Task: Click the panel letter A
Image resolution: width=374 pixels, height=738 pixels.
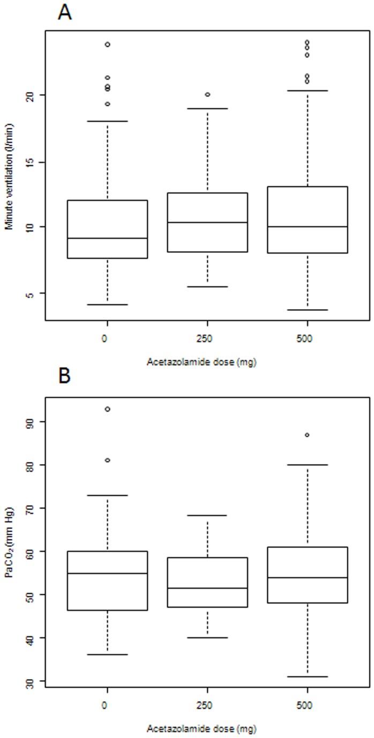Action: point(65,11)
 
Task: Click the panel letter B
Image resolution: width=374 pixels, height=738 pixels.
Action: point(64,376)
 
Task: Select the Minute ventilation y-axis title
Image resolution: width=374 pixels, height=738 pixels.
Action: point(9,177)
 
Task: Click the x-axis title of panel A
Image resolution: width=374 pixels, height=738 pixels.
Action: point(201,362)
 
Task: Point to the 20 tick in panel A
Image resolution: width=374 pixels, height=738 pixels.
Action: point(28,95)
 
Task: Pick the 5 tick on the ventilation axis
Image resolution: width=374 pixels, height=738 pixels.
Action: point(28,294)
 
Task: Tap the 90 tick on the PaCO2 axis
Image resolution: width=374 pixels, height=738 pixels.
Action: point(28,422)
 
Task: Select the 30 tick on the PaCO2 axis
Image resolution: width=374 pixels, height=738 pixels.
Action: point(28,681)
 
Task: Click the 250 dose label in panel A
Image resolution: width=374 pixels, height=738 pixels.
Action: point(207,339)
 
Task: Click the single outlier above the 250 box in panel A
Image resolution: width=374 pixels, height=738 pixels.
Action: point(207,94)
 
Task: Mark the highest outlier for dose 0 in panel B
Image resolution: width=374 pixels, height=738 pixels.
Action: point(107,409)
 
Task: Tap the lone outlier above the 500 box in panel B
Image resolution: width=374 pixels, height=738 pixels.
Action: point(307,435)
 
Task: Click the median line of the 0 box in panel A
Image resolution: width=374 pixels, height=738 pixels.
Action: point(107,238)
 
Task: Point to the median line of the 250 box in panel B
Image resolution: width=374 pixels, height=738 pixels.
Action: point(207,588)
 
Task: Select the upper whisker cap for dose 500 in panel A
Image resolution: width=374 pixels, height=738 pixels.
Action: point(307,91)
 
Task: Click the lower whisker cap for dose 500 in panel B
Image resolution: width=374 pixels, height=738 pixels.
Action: point(307,676)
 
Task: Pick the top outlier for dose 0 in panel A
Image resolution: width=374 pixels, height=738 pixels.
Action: point(107,44)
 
